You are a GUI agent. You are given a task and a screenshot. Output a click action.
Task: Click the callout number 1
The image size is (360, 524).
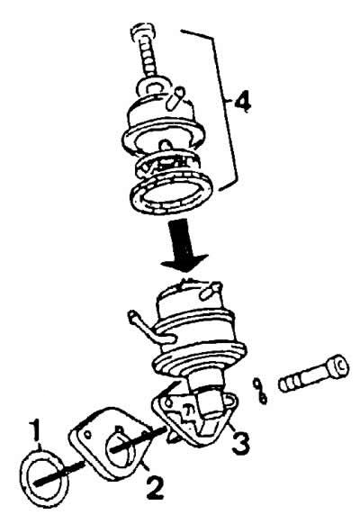pos(35,431)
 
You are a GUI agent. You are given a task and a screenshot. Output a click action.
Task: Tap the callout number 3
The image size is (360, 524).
pos(240,442)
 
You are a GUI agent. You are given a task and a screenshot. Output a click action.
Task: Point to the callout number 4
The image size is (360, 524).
pos(242,101)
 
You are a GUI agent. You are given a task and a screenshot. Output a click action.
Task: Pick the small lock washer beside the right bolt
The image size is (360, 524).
pos(260,390)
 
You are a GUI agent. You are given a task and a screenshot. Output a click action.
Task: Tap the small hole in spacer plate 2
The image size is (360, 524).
pos(87,435)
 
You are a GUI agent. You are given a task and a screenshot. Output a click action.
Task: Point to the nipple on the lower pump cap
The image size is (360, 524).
pos(209,290)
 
